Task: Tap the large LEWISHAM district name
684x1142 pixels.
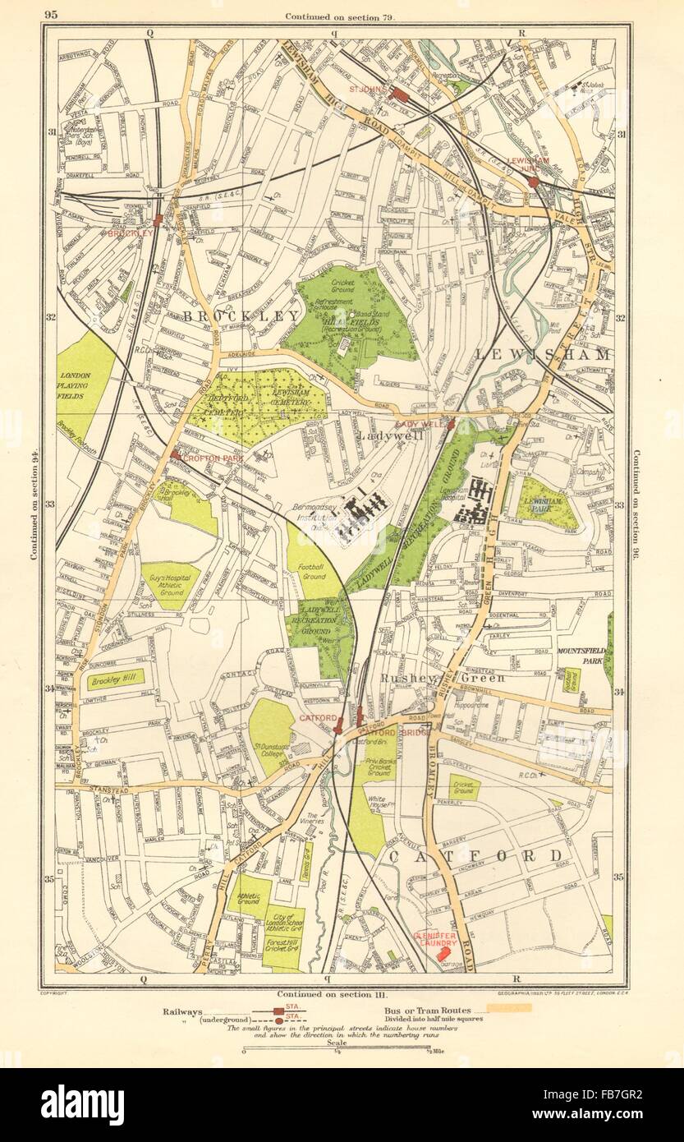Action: click(544, 355)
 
